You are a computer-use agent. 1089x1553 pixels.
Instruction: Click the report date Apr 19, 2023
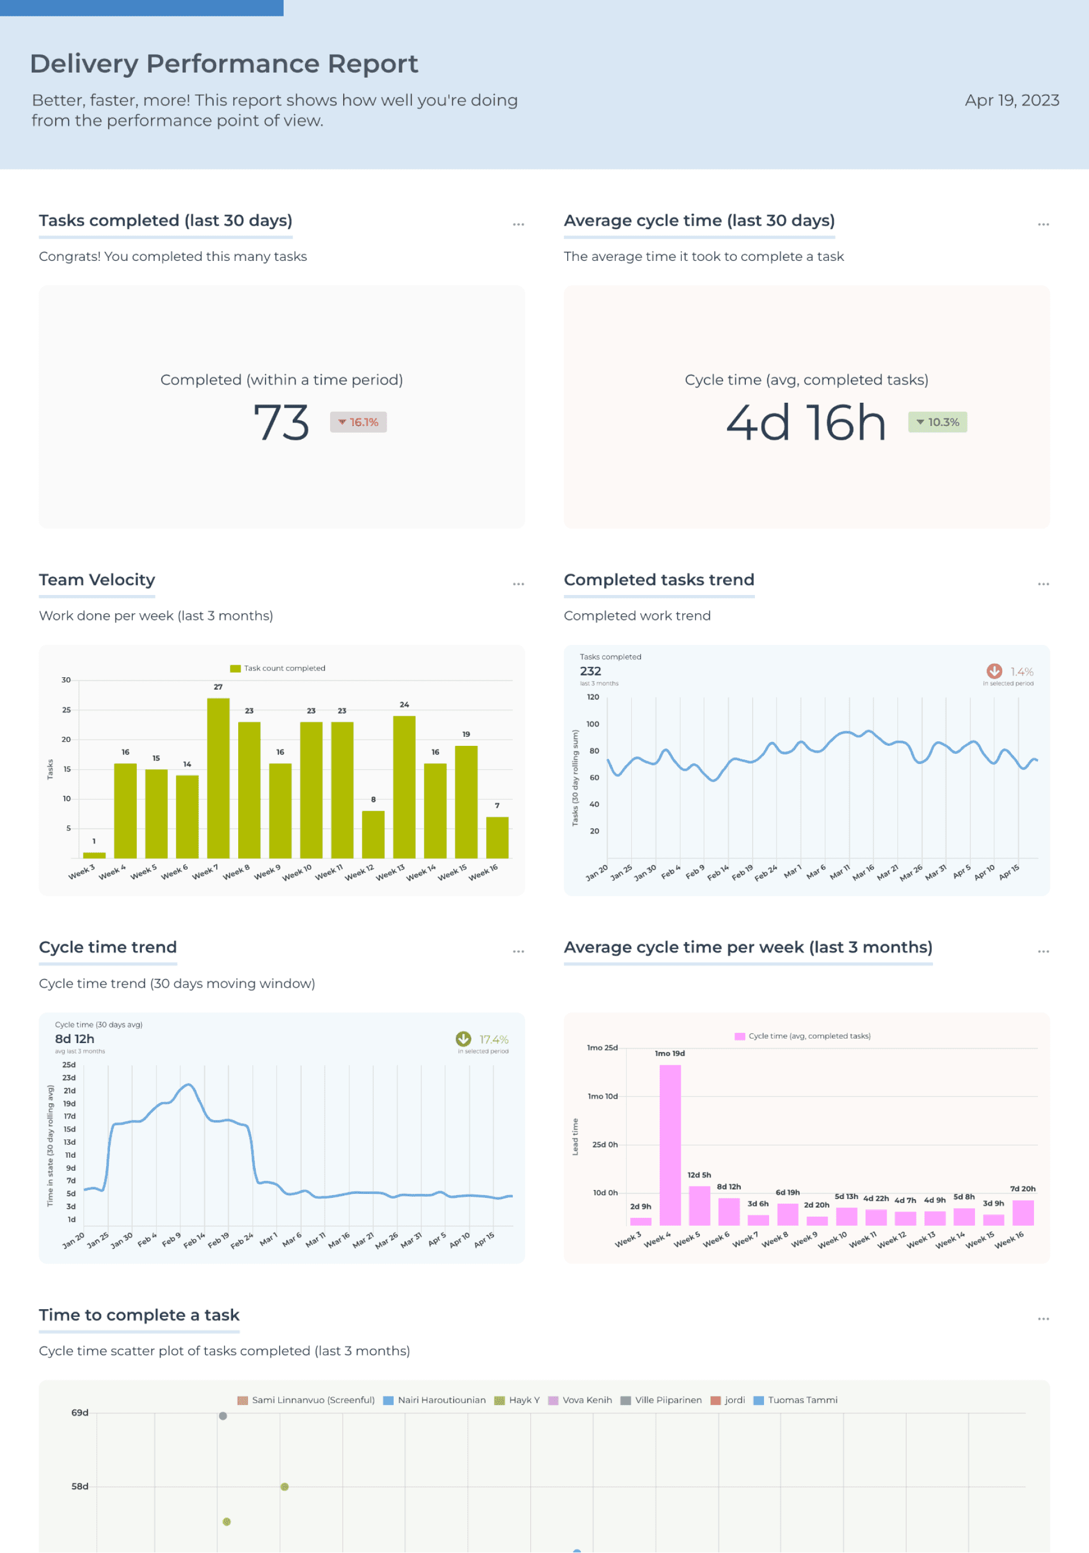tap(1011, 100)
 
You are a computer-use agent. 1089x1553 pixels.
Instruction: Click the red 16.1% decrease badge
tap(358, 422)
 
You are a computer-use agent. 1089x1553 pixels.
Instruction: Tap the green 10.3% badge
tap(937, 422)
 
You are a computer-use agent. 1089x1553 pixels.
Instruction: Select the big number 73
tap(281, 423)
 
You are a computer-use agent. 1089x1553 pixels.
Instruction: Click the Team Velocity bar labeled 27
tap(218, 778)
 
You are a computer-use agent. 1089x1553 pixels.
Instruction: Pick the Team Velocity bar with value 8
tap(373, 834)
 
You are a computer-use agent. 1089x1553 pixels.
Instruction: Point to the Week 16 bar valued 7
tap(497, 837)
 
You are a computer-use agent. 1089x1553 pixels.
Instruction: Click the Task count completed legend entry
tap(278, 668)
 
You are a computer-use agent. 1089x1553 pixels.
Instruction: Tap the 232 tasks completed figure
tap(590, 671)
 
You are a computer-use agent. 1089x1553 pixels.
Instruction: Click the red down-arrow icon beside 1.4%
tap(994, 671)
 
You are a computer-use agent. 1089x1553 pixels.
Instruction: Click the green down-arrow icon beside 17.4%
tap(463, 1039)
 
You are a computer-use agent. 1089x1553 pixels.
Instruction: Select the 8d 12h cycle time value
tap(74, 1039)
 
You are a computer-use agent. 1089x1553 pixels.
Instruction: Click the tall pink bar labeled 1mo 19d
tap(670, 1145)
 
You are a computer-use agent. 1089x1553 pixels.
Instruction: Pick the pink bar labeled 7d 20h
tap(1023, 1213)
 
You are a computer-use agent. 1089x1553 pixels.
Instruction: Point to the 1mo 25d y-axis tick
tap(602, 1048)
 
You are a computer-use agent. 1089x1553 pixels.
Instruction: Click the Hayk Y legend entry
tap(517, 1400)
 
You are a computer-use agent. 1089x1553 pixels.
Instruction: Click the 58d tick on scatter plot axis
tap(80, 1486)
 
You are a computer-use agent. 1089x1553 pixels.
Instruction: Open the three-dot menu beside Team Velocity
tap(518, 584)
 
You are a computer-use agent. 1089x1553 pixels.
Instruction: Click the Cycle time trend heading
tap(108, 947)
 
